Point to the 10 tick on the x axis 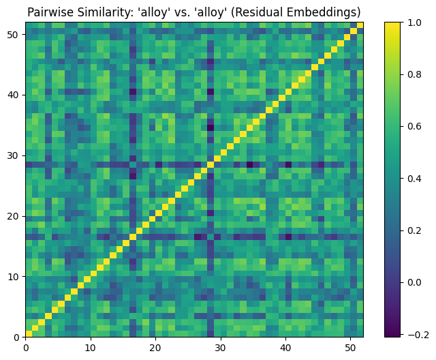(x=91, y=346)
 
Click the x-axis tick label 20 (x=155, y=346)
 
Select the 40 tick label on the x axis (x=285, y=346)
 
